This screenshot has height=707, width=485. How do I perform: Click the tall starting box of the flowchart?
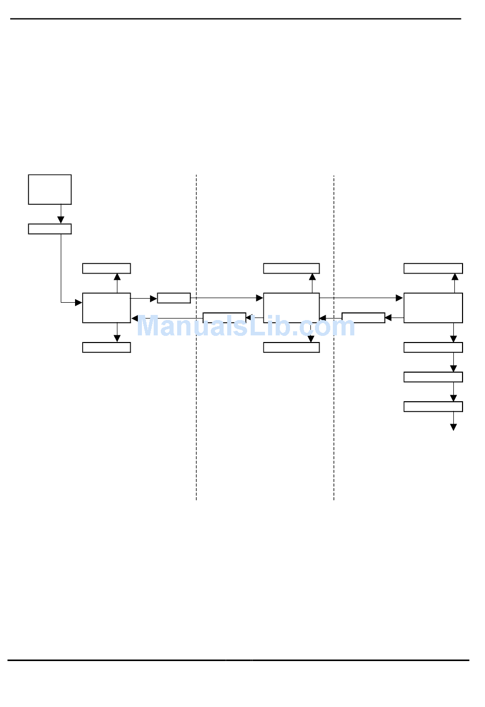coord(50,189)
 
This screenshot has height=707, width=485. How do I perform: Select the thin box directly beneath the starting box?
coord(50,229)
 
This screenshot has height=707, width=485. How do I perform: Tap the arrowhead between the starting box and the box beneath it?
coord(61,220)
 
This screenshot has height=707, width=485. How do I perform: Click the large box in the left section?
coord(106,308)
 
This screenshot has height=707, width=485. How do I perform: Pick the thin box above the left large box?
coord(106,269)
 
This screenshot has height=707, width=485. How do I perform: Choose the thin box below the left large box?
coord(106,347)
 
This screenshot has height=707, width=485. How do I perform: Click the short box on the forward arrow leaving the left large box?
coord(174,298)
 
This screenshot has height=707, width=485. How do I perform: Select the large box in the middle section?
coord(291,308)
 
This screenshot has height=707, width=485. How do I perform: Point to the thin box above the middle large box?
coord(291,269)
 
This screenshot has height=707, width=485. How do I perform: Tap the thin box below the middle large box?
coord(291,347)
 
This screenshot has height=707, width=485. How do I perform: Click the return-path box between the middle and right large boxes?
coord(363,318)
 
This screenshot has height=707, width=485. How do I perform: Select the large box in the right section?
coord(433,308)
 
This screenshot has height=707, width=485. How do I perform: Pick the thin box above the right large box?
coord(433,269)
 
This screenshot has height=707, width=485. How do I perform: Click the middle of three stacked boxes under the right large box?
coord(433,377)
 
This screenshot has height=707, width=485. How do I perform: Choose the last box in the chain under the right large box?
coord(433,406)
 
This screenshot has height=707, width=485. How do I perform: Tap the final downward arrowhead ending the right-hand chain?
coord(453,427)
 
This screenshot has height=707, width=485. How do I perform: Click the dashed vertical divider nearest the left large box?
coord(196,408)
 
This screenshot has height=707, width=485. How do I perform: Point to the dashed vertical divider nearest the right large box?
coord(334,408)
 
